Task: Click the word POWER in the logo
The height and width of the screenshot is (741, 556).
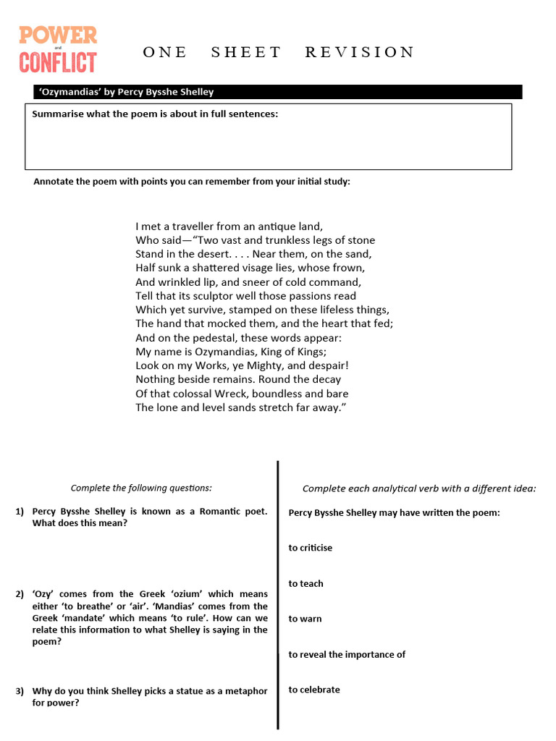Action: pos(58,35)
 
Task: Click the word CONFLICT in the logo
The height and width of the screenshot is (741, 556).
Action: pos(58,62)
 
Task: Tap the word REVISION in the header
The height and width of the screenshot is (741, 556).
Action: pos(360,52)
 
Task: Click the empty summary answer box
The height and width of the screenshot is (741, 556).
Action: pos(268,145)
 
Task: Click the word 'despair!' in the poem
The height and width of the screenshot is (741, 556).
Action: pos(328,365)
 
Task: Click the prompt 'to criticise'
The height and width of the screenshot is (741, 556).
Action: pos(311,548)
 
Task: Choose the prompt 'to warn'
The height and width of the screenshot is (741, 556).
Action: pos(305,619)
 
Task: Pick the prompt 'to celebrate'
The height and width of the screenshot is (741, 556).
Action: pos(314,690)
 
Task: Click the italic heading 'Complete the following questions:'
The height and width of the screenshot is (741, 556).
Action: pos(141,488)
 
